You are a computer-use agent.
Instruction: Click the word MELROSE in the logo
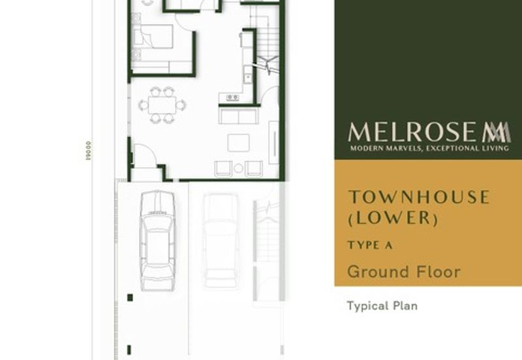[414, 132]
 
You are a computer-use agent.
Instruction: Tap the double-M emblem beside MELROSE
[497, 132]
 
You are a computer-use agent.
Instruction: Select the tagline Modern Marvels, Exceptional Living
[429, 149]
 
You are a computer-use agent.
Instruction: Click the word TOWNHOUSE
[418, 197]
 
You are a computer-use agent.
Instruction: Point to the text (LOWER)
[392, 218]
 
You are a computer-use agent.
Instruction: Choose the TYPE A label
[369, 245]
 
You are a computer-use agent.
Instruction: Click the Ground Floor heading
[404, 271]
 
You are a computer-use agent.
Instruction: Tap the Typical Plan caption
[382, 305]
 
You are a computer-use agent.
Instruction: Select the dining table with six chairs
[162, 104]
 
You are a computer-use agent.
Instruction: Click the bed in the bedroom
[153, 38]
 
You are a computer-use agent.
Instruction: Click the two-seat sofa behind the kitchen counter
[238, 116]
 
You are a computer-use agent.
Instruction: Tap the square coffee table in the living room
[238, 143]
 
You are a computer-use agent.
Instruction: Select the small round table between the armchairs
[238, 168]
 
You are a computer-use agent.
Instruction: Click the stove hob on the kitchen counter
[232, 98]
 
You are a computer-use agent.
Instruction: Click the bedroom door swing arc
[208, 7]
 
